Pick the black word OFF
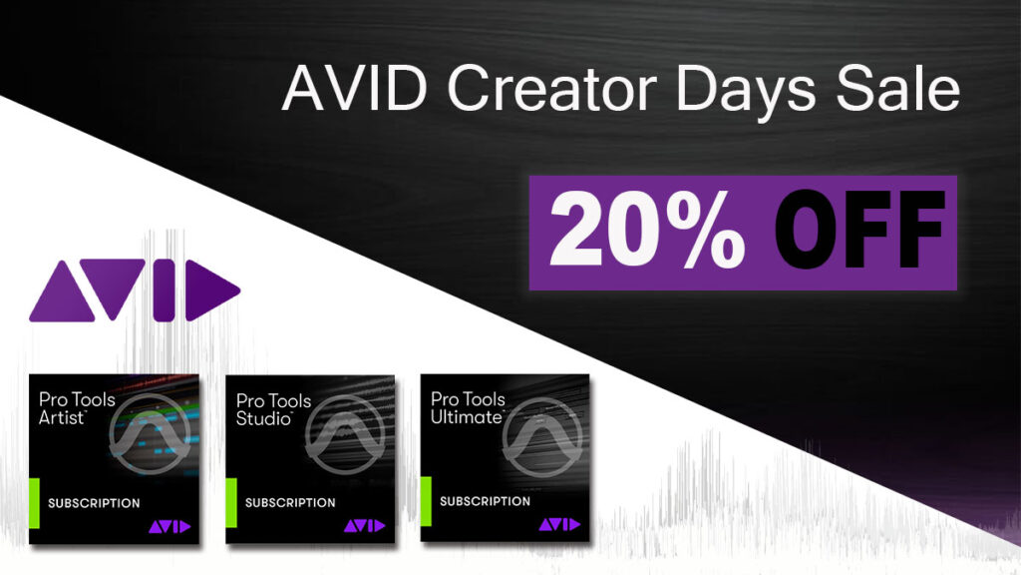point(858,230)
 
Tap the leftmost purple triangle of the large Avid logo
point(62,290)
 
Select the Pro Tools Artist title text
point(77,408)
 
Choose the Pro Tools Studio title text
point(273,409)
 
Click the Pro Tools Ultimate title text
point(469,407)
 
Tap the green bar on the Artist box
point(34,503)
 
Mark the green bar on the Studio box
point(231,502)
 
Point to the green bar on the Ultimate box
point(426,501)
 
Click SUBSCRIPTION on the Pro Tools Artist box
point(94,503)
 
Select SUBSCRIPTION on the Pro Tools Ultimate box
point(486,501)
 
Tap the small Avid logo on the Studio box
point(365,525)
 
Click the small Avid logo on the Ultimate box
point(559,524)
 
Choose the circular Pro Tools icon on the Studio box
point(346,433)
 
